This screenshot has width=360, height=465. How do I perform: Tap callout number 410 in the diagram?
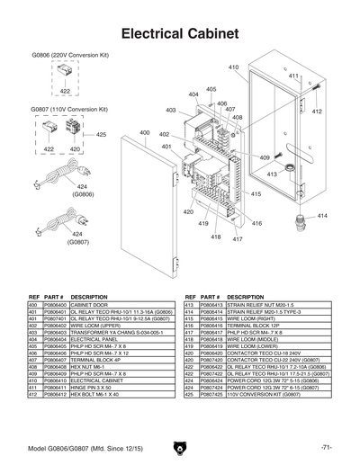[233, 67]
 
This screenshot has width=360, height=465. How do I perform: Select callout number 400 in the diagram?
[144, 133]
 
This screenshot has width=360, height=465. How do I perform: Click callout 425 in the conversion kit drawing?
[101, 135]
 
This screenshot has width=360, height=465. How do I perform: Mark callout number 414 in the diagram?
[322, 216]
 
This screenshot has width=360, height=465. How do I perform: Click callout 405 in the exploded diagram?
[211, 89]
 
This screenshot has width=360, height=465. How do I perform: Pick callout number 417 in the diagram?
[238, 239]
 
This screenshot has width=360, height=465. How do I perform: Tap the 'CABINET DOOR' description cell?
[91, 306]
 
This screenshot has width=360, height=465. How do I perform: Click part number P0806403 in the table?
[55, 331]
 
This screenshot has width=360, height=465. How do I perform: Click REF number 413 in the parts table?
[190, 306]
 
